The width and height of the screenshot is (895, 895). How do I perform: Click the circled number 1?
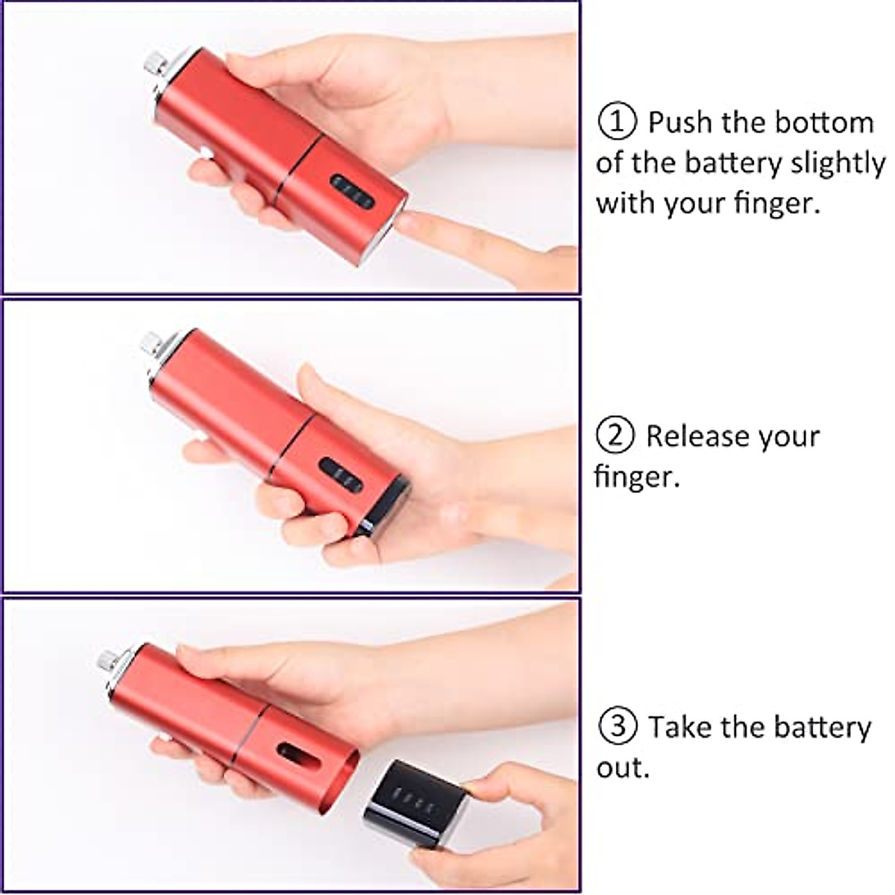pos(617,122)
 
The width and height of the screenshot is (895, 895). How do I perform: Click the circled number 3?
pos(616,726)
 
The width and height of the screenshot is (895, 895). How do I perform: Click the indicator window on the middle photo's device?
pos(342,475)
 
